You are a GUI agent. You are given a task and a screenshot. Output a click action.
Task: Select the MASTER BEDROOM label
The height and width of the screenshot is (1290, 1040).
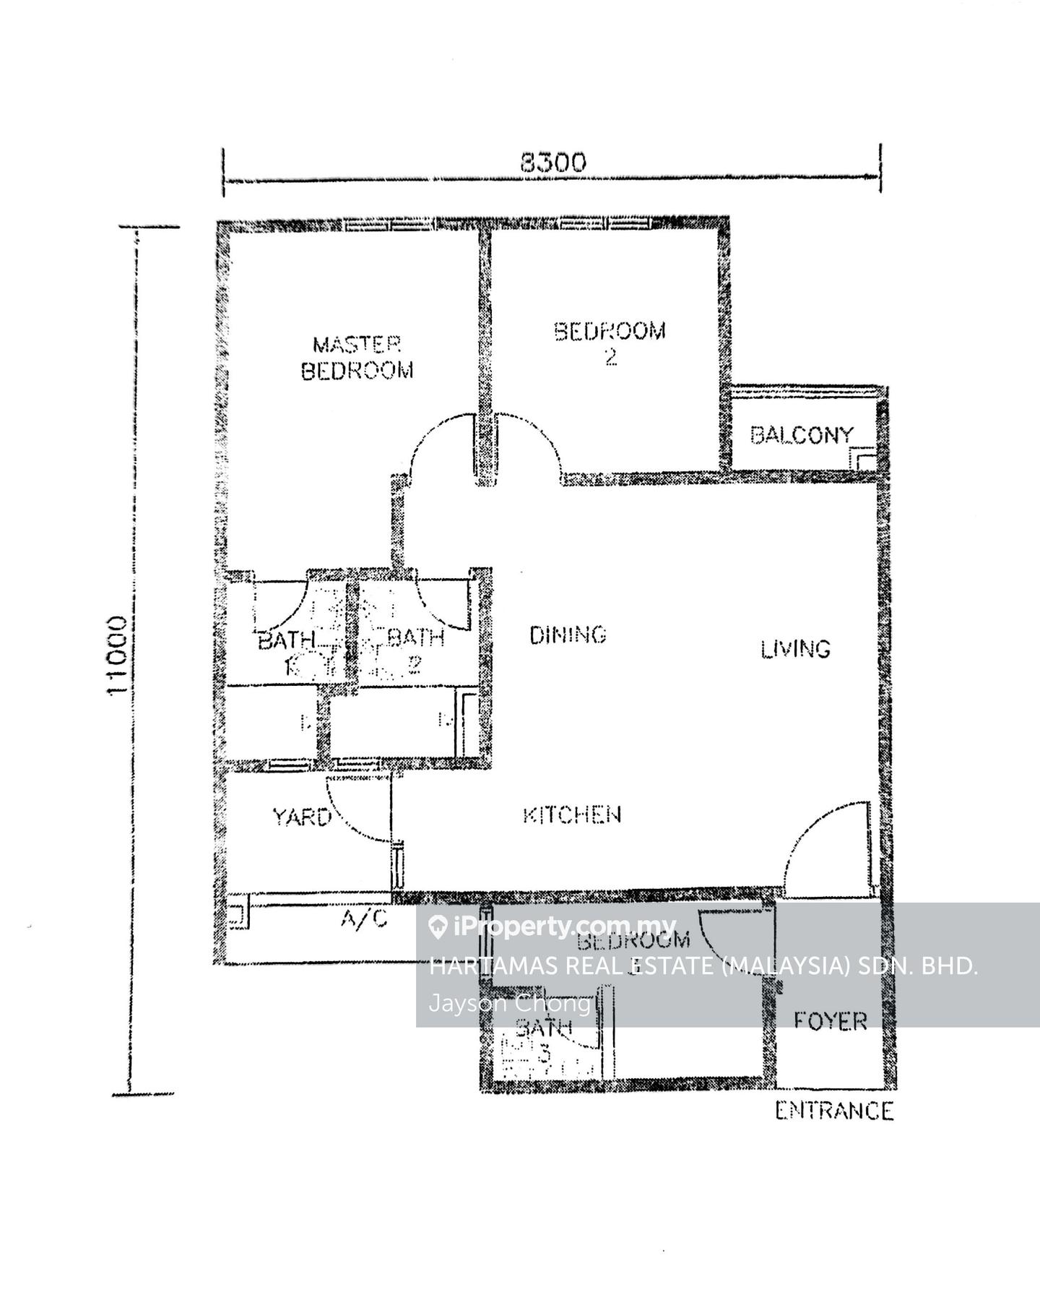pyautogui.click(x=357, y=357)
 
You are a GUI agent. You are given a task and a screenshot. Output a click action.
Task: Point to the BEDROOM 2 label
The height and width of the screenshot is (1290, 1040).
pyautogui.click(x=610, y=343)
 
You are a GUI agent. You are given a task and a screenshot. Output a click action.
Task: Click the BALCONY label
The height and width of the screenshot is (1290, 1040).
pyautogui.click(x=801, y=435)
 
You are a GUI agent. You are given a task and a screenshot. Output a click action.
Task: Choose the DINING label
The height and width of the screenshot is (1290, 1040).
pyautogui.click(x=568, y=635)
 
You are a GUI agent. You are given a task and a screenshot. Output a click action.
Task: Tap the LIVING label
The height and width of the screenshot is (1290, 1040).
pyautogui.click(x=795, y=648)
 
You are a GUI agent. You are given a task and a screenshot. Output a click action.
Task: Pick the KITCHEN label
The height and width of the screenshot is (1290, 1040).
pyautogui.click(x=571, y=815)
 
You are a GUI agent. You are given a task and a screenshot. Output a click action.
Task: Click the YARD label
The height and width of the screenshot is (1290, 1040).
pyautogui.click(x=301, y=817)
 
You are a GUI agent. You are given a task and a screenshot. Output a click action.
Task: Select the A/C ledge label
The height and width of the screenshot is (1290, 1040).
pyautogui.click(x=364, y=919)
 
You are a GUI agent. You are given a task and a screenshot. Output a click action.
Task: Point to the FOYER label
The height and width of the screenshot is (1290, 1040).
pyautogui.click(x=830, y=1021)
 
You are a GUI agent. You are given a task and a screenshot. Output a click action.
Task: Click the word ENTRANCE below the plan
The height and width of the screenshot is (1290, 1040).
pyautogui.click(x=834, y=1111)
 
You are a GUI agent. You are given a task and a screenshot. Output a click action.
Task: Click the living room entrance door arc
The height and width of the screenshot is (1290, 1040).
pyautogui.click(x=809, y=831)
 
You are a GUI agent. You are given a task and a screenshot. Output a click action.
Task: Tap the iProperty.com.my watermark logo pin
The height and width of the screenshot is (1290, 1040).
pyautogui.click(x=437, y=927)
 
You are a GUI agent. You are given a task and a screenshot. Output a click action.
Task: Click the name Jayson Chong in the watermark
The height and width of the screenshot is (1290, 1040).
pyautogui.click(x=510, y=1004)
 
